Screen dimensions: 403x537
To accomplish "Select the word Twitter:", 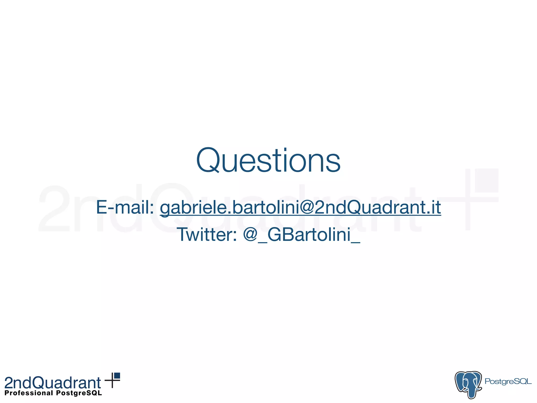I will [207, 234].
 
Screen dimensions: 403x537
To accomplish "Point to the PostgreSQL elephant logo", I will [468, 384].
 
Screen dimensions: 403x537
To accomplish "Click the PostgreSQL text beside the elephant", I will [508, 381].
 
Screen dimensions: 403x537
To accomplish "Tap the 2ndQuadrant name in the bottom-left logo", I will [53, 383].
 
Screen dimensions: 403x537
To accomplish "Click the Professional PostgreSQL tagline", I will [53, 393].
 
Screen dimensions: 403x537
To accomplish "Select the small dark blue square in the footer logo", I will [117, 376].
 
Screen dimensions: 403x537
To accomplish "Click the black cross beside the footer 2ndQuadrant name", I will [112, 380].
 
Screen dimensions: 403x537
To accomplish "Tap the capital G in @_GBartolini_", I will [275, 235].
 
